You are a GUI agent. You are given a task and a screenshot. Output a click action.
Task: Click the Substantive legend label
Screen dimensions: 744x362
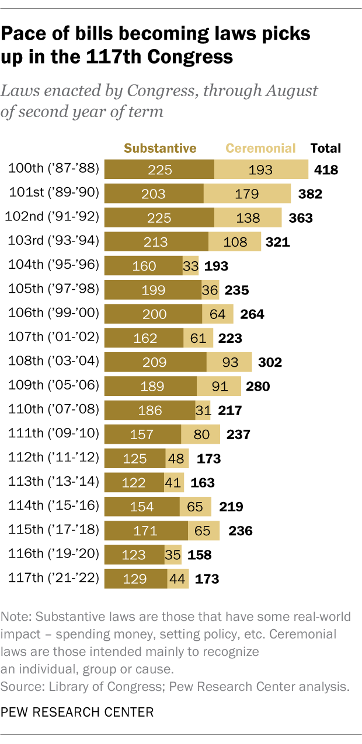160,148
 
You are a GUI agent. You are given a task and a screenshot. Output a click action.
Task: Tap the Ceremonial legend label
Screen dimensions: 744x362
260,148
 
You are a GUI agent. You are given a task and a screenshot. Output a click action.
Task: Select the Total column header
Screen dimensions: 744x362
326,148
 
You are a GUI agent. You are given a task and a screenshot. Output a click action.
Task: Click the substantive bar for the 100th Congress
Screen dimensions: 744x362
159,170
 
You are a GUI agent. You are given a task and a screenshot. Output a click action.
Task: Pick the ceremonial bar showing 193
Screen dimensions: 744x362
261,170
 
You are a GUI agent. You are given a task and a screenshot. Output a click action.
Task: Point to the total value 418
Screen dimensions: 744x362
326,170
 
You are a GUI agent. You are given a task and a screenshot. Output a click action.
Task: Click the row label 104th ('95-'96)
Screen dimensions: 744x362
54,265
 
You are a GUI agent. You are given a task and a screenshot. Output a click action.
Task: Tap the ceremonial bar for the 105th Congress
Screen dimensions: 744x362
209,289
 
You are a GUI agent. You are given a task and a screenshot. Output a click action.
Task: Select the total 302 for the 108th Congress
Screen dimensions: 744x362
270,362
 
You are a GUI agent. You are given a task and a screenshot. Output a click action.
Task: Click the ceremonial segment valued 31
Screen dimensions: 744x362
203,410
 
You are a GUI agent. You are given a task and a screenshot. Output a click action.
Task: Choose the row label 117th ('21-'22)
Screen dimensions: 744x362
54,578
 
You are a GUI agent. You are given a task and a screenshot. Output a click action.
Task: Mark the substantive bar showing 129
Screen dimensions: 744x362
135,578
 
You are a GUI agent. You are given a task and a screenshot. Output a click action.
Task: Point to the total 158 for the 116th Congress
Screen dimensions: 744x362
199,555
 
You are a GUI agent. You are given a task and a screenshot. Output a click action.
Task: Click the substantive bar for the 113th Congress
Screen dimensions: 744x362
134,482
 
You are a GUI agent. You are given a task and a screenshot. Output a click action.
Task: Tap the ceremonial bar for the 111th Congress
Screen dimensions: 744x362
200,434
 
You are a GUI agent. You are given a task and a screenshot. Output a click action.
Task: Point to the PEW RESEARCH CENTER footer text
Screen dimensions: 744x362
78,712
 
